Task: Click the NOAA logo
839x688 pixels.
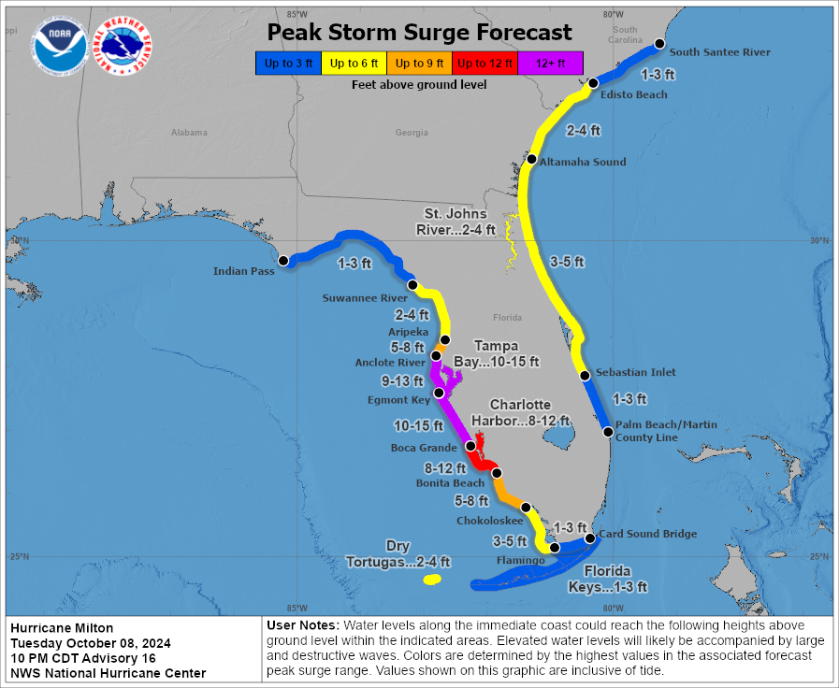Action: point(59,47)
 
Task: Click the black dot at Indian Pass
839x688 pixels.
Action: point(284,260)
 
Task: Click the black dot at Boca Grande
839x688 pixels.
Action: point(470,447)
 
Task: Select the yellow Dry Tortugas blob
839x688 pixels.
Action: point(431,580)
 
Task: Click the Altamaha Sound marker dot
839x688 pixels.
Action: point(531,160)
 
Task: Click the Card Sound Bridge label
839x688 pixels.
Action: point(647,534)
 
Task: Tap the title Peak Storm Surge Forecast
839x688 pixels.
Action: point(419,33)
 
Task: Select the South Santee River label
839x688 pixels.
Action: point(719,52)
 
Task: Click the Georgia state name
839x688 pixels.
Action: point(412,133)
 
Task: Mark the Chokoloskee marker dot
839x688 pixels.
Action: point(527,508)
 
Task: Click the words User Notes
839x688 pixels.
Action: point(302,624)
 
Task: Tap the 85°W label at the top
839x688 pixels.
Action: point(297,14)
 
